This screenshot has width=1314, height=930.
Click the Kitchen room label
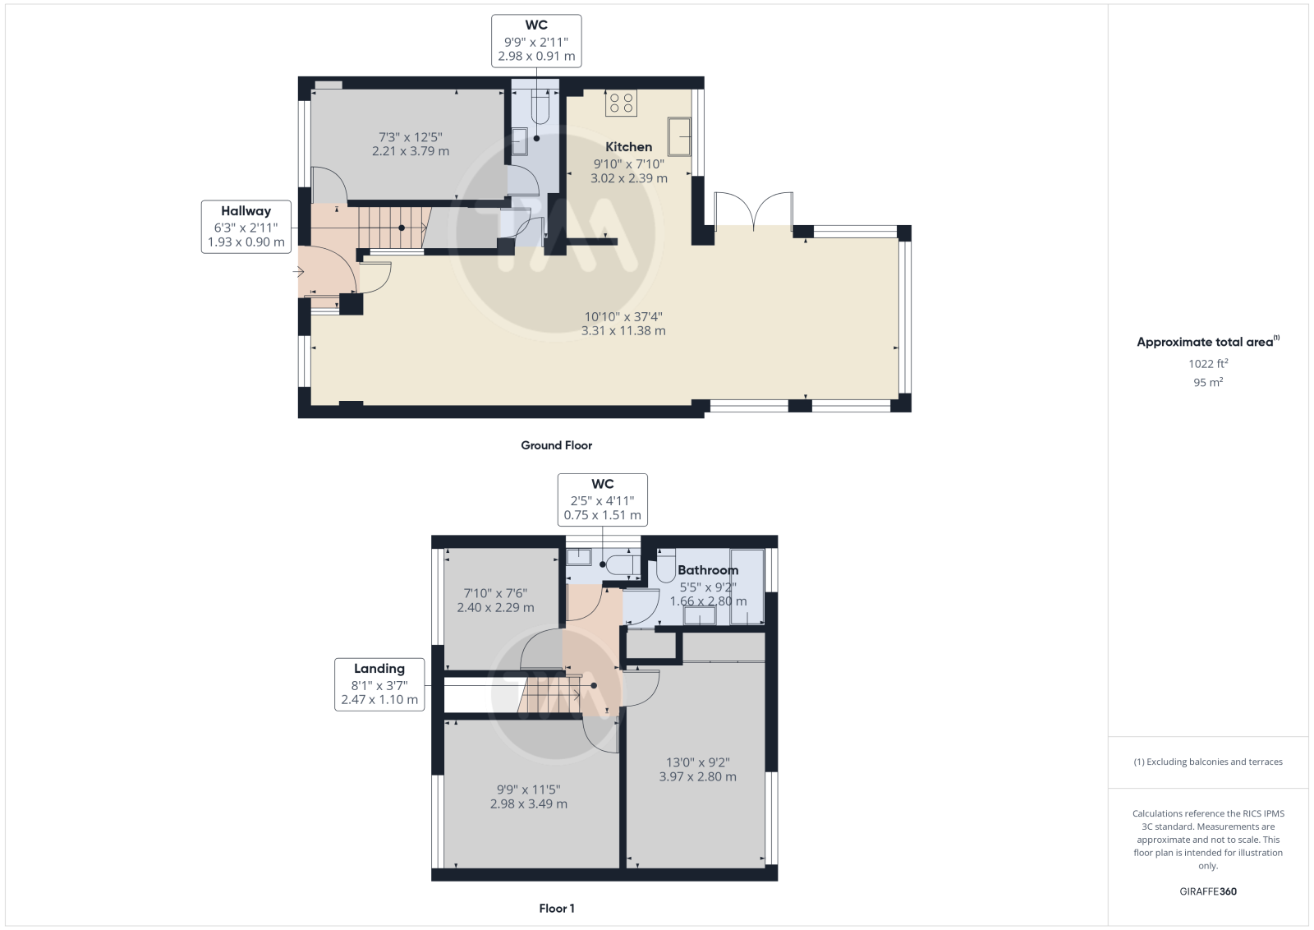(628, 147)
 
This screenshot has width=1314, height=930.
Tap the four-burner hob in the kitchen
(621, 103)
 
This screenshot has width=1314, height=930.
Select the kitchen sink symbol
(679, 136)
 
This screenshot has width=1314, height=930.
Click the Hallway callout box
(246, 227)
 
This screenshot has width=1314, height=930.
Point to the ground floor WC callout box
(536, 41)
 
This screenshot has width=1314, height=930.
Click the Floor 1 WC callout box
(603, 500)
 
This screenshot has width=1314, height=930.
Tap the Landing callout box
(379, 684)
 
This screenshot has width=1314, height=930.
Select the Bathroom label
(707, 569)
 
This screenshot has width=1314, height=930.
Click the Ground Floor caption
(556, 445)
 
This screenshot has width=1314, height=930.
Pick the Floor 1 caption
(557, 909)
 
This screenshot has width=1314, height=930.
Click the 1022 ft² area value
(1208, 364)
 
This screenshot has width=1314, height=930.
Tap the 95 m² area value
(1208, 383)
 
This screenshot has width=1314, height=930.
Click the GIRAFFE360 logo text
(1208, 891)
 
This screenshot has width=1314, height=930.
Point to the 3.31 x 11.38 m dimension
(623, 331)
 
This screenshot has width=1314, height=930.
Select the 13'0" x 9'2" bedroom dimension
(697, 762)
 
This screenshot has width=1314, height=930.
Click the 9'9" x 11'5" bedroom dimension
(529, 790)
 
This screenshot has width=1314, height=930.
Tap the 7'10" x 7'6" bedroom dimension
(496, 593)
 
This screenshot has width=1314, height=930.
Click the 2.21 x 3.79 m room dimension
(411, 151)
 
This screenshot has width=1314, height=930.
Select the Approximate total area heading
(1208, 342)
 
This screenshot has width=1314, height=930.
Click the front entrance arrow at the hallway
(298, 272)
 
